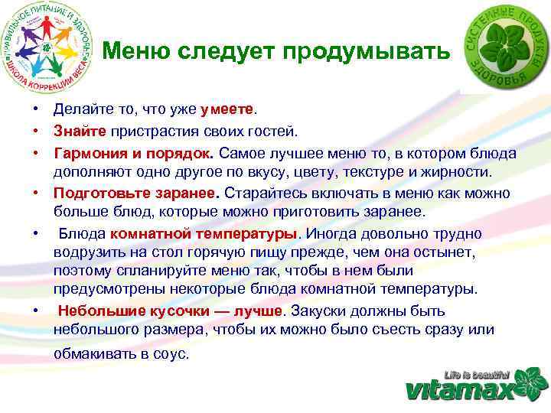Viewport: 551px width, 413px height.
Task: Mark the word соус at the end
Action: [171, 354]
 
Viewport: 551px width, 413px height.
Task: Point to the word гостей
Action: [283, 132]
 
